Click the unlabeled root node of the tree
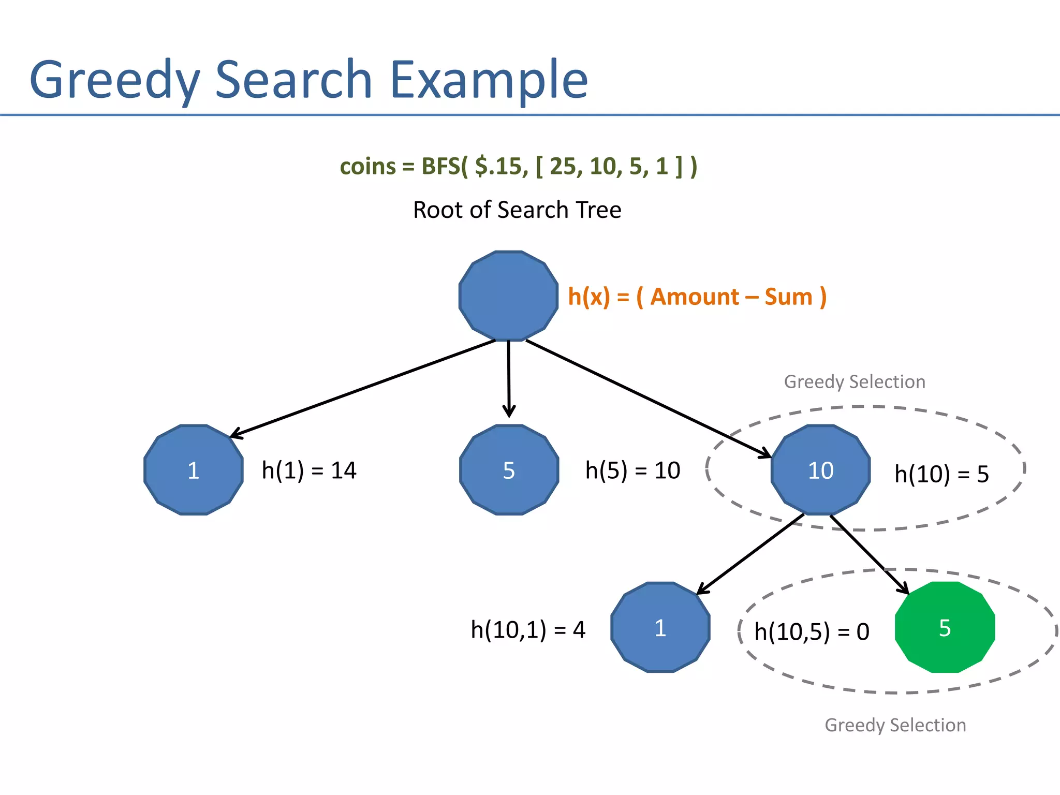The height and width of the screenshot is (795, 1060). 508,296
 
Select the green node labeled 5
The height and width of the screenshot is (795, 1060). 945,627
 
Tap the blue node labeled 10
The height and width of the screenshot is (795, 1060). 820,470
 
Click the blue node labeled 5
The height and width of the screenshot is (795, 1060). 509,470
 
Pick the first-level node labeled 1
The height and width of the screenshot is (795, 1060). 193,470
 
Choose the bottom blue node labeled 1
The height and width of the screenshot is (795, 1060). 660,627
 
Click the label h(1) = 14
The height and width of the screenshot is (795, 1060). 309,470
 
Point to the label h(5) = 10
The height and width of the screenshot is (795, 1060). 632,470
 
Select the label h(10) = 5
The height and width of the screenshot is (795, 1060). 941,474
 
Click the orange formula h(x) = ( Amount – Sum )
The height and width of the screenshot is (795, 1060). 697,297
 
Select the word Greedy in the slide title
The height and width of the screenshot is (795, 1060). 114,80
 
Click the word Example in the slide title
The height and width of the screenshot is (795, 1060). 489,80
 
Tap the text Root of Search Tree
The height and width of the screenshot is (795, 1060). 517,210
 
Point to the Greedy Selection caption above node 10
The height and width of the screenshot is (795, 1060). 855,382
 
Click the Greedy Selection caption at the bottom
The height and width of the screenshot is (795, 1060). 895,725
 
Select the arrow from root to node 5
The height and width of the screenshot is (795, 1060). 509,378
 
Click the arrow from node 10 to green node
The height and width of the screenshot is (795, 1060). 870,554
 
